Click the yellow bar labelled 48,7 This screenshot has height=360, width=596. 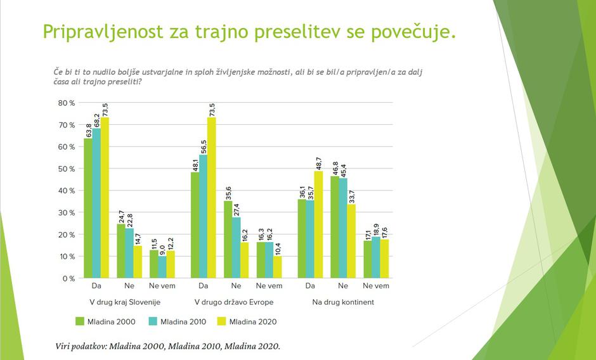pos(318,224)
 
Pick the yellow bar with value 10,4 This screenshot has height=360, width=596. pos(276,267)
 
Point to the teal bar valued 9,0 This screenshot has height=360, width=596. pos(162,267)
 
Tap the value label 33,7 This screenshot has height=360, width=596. pos(351,195)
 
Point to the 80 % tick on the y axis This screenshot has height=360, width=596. pos(67,103)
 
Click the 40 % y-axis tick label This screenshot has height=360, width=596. pos(67,191)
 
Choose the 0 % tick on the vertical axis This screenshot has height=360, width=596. pos(68,278)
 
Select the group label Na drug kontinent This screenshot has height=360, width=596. pos(343,302)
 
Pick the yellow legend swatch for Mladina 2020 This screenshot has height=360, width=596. pos(222,322)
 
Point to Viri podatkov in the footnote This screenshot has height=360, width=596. pos(82,347)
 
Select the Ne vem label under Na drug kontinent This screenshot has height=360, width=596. pos(375,286)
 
